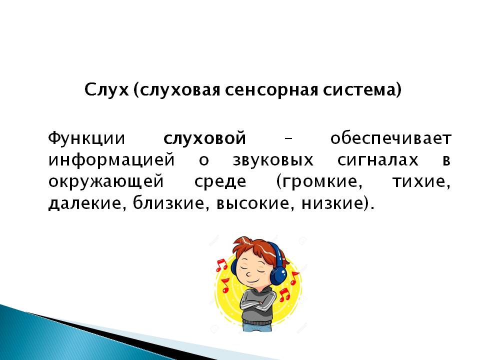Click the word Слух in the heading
pos(106,90)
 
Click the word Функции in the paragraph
pos(86,138)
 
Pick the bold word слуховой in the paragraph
pos(205,138)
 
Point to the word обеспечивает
pos(391,138)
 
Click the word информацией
pos(111,160)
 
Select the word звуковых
pos(273,160)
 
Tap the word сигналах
pos(378,160)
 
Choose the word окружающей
pos(106,181)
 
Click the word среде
pos(220,182)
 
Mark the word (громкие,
pos(319,182)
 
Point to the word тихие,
pos(421,182)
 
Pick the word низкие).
pos(338,204)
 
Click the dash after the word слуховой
pos(288,139)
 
